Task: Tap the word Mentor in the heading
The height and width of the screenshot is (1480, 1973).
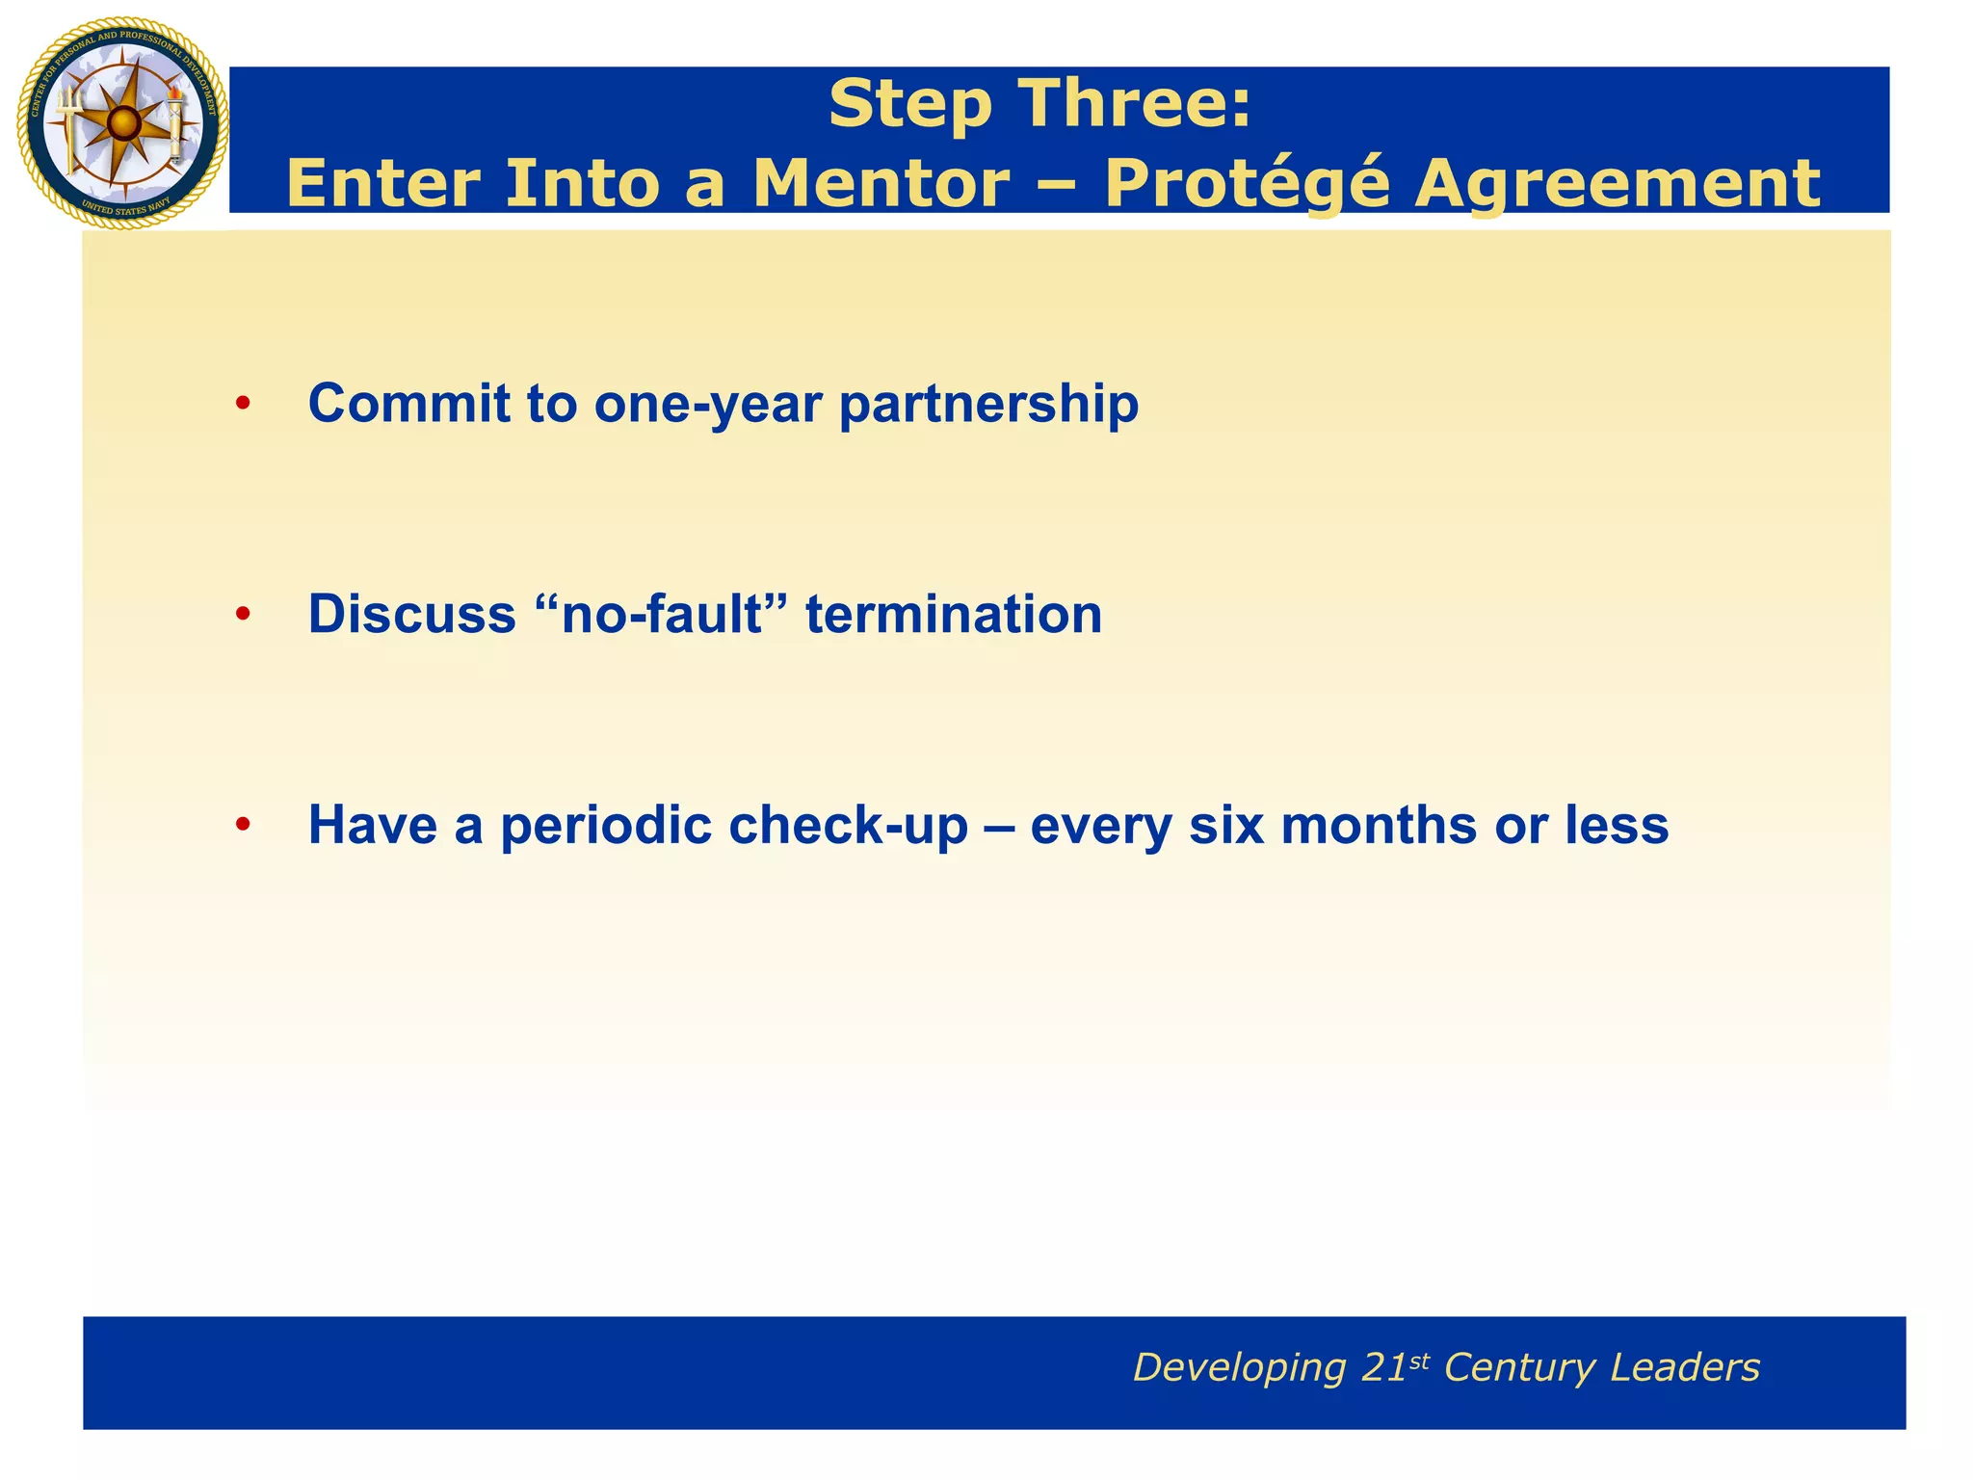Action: point(881,183)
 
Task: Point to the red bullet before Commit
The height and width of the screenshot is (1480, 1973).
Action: point(243,404)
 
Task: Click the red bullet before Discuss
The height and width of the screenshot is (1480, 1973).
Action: point(243,614)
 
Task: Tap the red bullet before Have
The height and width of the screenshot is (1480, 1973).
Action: point(243,825)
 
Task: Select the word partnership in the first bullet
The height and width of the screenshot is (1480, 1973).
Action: point(988,405)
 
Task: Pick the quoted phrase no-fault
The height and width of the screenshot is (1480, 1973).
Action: point(660,614)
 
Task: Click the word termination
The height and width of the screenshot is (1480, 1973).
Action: point(954,614)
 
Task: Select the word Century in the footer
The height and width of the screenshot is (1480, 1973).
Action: point(1518,1368)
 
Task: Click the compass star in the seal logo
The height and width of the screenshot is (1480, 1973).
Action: point(122,123)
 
